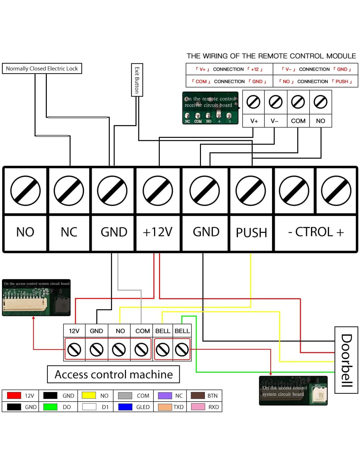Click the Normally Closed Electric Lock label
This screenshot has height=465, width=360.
tap(42, 69)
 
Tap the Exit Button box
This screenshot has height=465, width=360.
tap(137, 80)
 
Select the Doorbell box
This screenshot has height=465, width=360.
tap(346, 360)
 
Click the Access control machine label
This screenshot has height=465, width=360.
tap(114, 374)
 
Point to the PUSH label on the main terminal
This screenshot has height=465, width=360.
tap(251, 232)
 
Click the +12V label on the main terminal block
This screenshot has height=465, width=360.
tap(157, 232)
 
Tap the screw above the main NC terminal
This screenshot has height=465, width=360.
tap(69, 191)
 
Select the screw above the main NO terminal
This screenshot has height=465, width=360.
tap(26, 191)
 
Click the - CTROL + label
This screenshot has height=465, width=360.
tap(316, 232)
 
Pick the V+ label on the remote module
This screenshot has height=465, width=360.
tap(254, 121)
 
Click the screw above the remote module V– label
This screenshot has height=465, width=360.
tap(276, 102)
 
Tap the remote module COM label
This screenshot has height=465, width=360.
tap(298, 121)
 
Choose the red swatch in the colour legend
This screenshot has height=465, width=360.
tap(14, 395)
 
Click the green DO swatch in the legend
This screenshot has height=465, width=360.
tap(50, 407)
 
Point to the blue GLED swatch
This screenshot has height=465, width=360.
tap(125, 407)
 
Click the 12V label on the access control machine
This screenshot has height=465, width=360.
tap(74, 331)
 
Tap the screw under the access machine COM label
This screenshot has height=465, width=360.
tap(141, 350)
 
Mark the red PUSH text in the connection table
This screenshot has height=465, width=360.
tap(342, 81)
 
